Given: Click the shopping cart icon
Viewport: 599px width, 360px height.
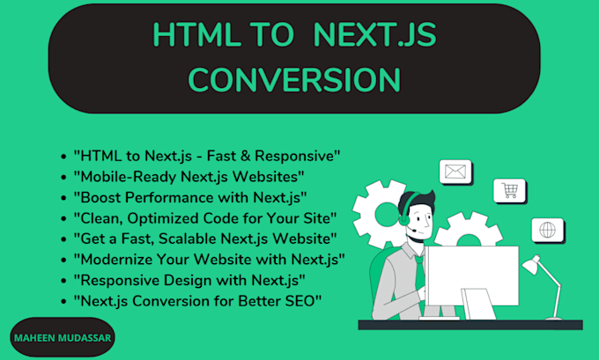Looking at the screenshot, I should coord(509,189).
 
